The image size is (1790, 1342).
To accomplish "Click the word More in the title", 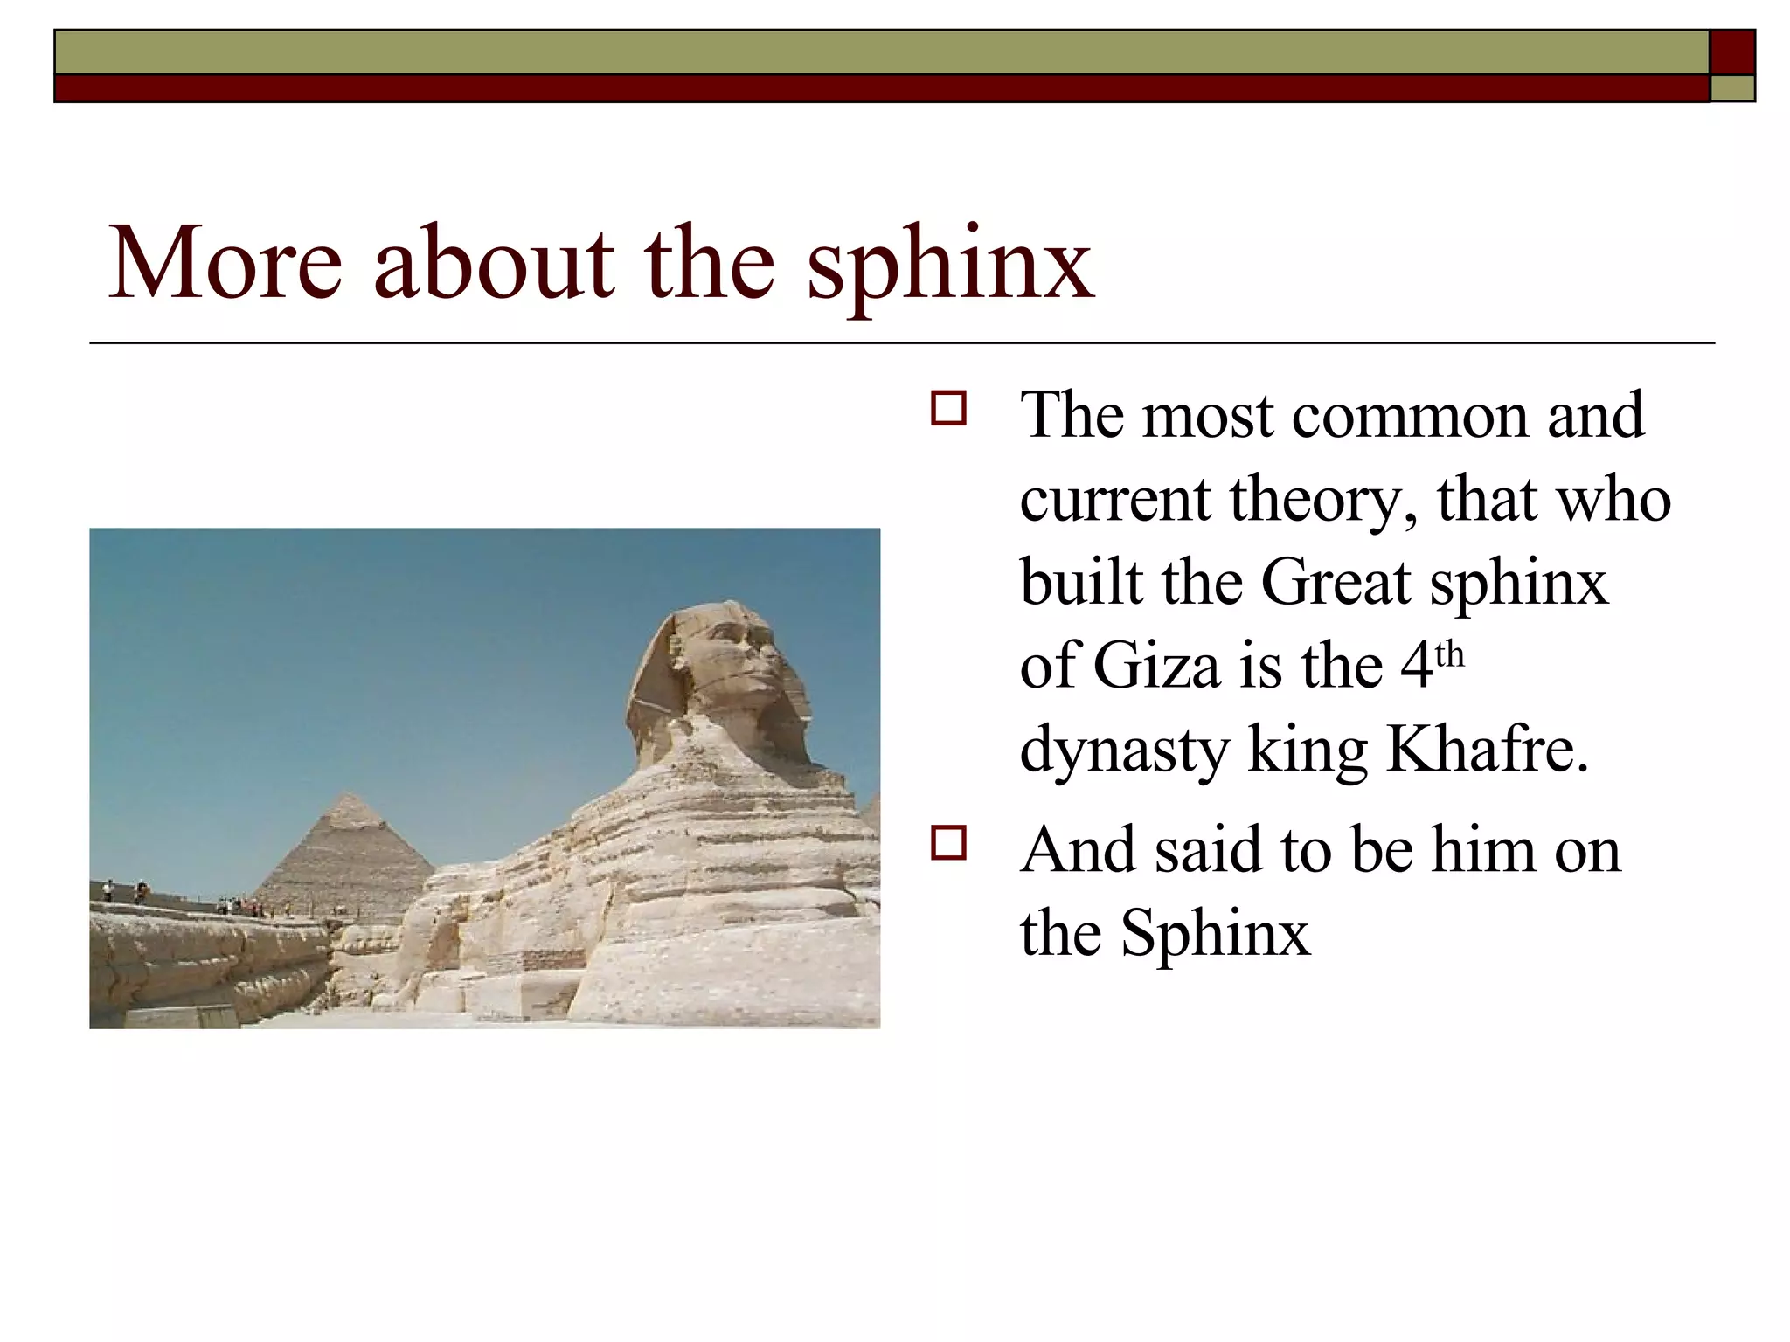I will [x=225, y=263].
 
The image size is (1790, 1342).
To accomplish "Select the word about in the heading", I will [x=494, y=263].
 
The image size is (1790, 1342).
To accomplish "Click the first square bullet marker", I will [x=948, y=409].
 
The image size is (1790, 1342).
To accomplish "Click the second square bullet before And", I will [x=948, y=843].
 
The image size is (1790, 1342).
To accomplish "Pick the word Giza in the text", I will [x=1156, y=666].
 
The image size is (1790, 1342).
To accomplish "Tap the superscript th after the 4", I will [x=1449, y=654].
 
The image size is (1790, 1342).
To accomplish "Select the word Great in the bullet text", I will [x=1336, y=582].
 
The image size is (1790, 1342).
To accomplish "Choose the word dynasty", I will [x=1124, y=751].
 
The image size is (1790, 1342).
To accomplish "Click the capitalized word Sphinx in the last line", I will [x=1215, y=933].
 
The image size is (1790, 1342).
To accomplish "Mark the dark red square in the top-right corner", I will [x=1732, y=52].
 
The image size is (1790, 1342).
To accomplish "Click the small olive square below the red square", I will [x=1732, y=88].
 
